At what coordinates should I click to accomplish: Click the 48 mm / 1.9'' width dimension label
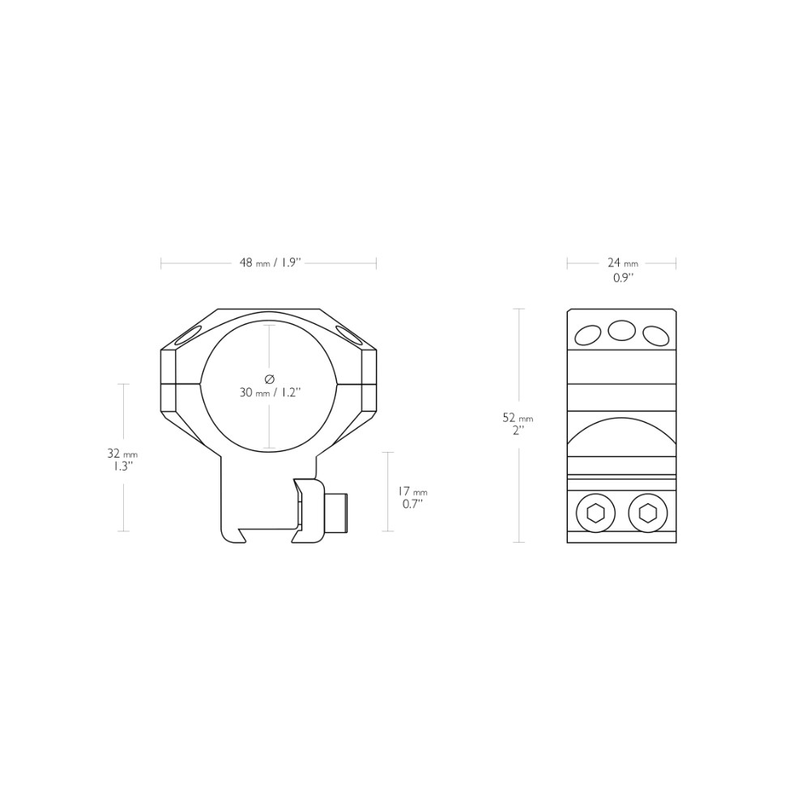tap(270, 263)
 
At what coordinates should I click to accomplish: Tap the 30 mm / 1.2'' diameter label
tap(270, 393)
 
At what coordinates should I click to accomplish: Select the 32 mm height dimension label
tap(122, 454)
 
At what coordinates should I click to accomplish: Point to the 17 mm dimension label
tap(412, 492)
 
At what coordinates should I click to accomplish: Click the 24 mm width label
tap(623, 263)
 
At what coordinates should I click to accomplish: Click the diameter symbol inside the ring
tap(269, 379)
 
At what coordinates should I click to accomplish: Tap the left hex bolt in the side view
tap(596, 513)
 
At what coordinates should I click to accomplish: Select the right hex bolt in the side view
tap(648, 513)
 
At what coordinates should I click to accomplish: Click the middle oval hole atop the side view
tap(621, 330)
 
